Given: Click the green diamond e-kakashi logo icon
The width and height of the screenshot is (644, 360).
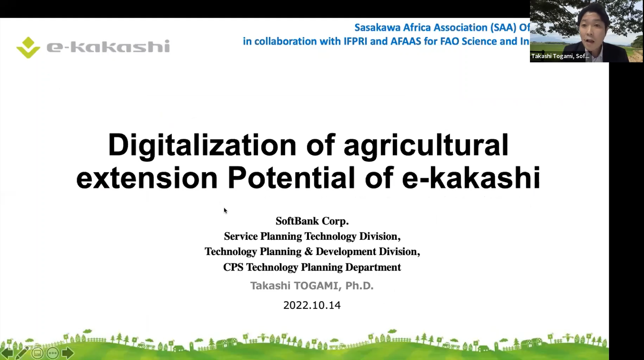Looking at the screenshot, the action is (x=28, y=47).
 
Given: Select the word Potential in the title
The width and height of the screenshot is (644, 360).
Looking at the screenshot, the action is (x=291, y=178).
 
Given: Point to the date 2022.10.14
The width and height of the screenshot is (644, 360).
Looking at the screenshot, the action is (x=312, y=305).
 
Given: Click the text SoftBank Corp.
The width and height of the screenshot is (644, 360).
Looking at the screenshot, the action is (x=312, y=221).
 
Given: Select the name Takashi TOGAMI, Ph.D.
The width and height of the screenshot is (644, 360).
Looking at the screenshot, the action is (x=312, y=286).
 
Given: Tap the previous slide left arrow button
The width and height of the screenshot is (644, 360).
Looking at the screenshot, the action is (x=7, y=353).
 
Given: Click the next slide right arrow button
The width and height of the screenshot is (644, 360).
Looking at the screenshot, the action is (x=68, y=353).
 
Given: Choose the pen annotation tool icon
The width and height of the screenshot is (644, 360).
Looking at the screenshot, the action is (x=22, y=353).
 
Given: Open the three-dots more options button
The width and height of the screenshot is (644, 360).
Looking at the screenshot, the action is (x=53, y=353).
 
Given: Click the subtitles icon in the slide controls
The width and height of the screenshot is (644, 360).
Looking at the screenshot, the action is (x=37, y=353).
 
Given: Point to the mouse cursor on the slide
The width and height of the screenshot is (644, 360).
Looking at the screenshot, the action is (x=225, y=210).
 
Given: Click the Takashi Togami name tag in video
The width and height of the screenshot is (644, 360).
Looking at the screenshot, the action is (x=560, y=56).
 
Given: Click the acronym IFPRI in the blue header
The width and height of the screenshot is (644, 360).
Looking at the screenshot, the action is (x=356, y=41).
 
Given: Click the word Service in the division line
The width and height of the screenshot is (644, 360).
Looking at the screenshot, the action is (x=241, y=236).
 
